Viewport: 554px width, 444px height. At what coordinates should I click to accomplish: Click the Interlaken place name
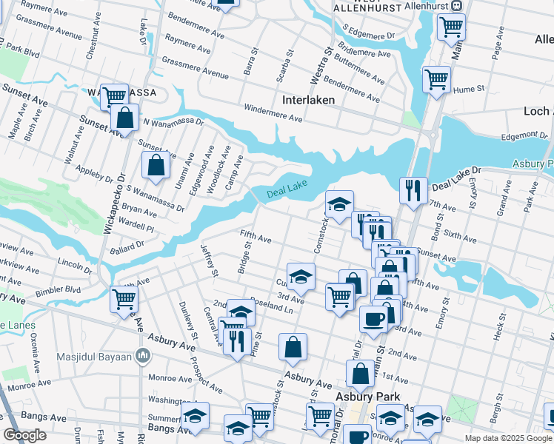308,99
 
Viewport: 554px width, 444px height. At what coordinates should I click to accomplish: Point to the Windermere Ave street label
275,113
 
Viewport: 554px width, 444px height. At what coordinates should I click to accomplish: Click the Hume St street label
469,88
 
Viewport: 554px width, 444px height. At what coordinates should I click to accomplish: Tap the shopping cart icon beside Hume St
436,78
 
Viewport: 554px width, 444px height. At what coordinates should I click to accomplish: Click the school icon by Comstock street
339,203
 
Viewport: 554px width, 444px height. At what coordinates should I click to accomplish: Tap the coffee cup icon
373,318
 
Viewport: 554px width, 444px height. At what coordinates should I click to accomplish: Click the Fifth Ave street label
256,237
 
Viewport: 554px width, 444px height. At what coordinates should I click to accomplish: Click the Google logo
25,435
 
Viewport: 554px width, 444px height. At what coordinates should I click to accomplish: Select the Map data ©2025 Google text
507,438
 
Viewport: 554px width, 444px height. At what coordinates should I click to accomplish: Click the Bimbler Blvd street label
63,289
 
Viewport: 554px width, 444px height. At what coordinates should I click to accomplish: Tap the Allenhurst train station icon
457,5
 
